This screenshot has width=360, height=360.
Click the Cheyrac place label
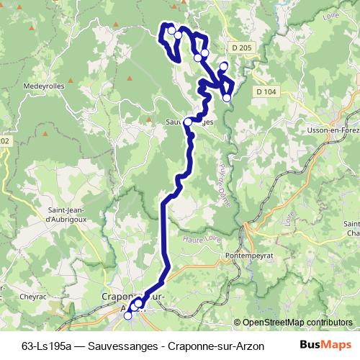tap(33, 294)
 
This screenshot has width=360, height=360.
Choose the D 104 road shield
tap(266, 91)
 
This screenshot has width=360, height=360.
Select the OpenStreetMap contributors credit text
tap(297, 323)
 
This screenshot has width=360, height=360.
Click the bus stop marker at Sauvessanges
tap(188, 122)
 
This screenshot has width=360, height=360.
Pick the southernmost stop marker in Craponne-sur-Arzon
tap(128, 315)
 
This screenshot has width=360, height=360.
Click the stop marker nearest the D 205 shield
tap(223, 66)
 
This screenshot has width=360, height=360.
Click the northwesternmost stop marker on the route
tap(171, 30)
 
